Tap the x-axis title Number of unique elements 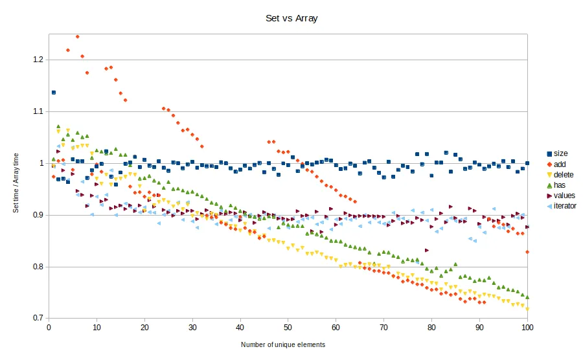coord(283,344)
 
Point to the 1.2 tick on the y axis coord(38,60)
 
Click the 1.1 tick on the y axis coord(38,111)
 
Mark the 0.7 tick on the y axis coord(38,319)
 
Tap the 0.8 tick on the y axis coord(38,267)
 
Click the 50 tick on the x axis coord(288,328)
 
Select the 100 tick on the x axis coord(527,328)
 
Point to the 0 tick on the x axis coord(49,328)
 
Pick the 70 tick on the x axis coord(384,328)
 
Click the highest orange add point coord(78,37)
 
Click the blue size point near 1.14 coord(54,93)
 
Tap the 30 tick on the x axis coord(192,328)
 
